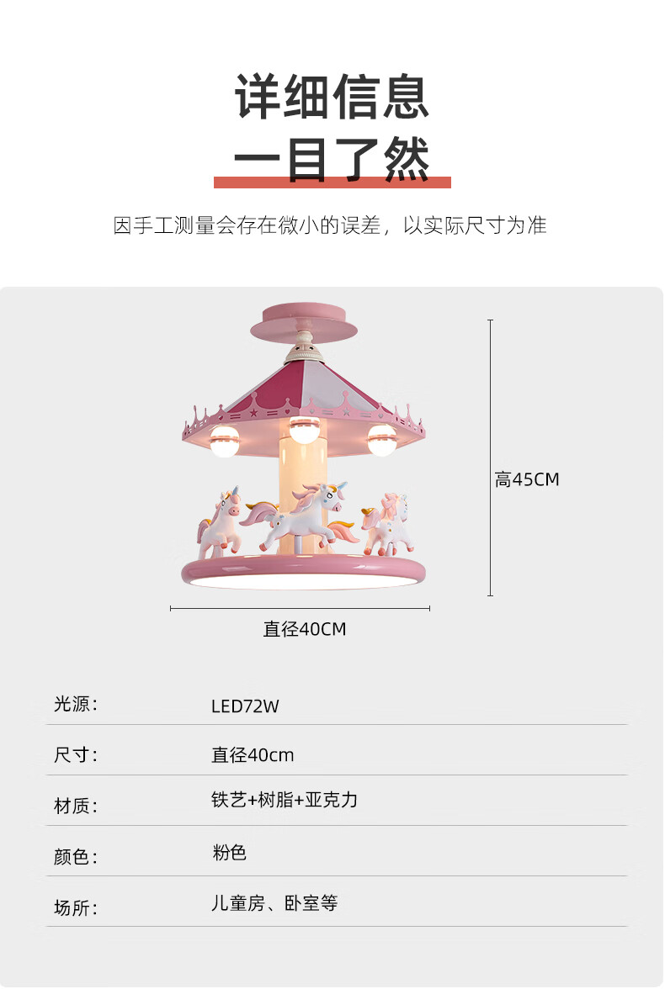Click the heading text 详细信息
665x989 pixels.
332,98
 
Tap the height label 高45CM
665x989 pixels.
527,480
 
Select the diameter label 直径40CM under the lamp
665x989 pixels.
305,629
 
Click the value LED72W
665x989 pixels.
245,706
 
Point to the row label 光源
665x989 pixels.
76,705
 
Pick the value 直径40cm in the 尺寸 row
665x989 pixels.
253,755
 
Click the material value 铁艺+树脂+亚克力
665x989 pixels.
285,800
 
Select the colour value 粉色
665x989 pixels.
229,853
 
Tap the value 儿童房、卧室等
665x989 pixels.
274,904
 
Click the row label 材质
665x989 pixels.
76,807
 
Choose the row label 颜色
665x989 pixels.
76,857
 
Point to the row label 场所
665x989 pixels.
76,907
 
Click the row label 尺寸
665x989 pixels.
76,755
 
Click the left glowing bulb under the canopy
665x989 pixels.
225,442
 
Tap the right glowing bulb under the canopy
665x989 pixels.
381,441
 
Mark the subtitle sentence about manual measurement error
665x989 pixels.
330,225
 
